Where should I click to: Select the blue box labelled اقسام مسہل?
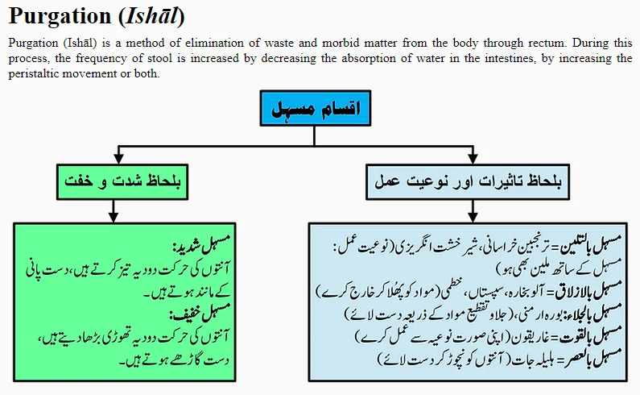(315, 107)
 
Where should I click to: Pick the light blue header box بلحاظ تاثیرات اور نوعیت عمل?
(467, 181)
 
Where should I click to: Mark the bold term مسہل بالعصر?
(594, 357)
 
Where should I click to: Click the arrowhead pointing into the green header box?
(119, 158)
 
